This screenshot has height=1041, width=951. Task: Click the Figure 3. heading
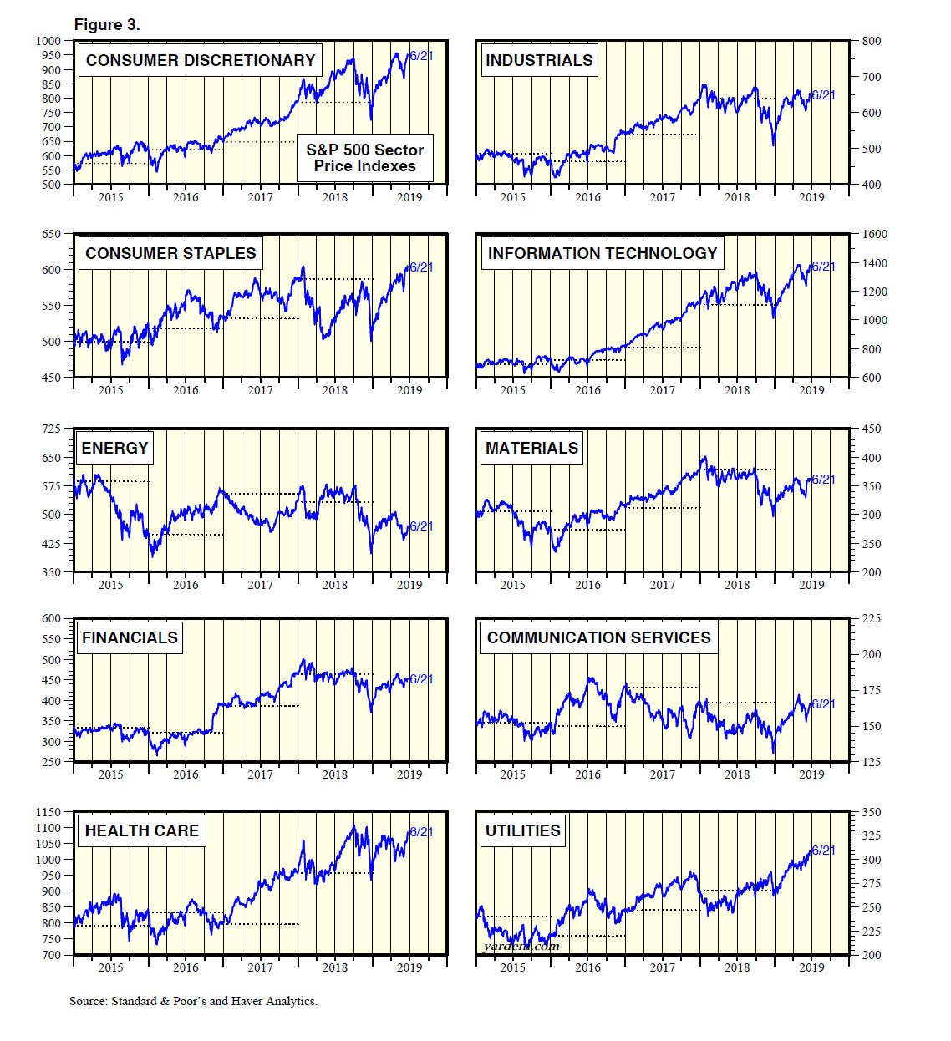point(107,24)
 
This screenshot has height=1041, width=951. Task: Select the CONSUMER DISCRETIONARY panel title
point(201,60)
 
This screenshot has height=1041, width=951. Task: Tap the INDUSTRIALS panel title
point(539,60)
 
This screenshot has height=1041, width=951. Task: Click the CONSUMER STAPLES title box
point(170,253)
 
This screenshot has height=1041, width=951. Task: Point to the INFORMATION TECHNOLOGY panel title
point(602,253)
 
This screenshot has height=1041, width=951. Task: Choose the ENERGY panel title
point(114,448)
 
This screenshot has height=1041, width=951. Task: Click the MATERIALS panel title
point(531,448)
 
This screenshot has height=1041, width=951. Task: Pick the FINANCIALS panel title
point(130,637)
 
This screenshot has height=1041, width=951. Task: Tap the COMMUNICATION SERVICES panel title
point(598,637)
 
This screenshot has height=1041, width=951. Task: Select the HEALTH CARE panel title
point(142,830)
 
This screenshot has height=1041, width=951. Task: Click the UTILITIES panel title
point(522,830)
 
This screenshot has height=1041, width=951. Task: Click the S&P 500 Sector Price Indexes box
point(365,158)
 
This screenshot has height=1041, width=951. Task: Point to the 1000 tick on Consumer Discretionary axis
point(48,41)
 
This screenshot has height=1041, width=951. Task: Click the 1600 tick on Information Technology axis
point(874,234)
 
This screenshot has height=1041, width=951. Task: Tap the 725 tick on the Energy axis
point(51,429)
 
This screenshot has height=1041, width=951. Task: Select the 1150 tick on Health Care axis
point(48,812)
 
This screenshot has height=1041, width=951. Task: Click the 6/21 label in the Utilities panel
point(823,850)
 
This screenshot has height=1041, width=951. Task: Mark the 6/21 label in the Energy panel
point(421,526)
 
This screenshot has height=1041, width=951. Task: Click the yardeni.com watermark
point(521,946)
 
